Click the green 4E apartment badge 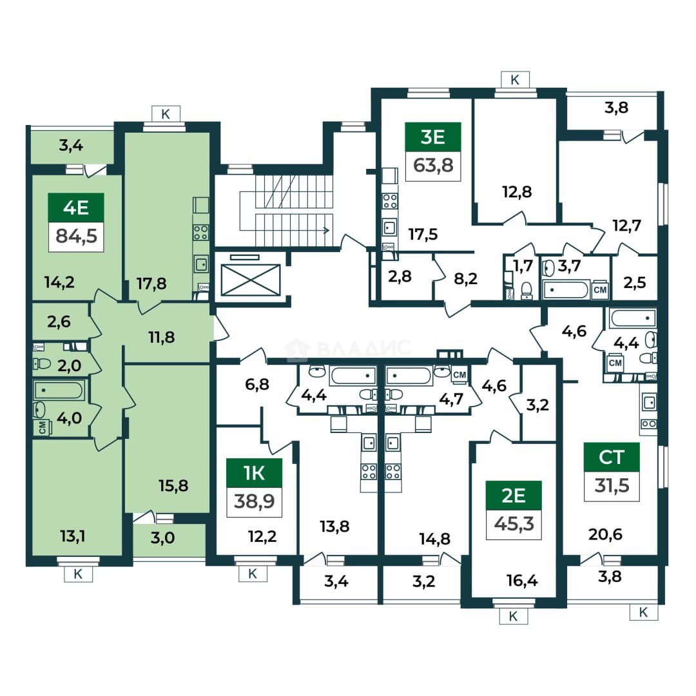pyautogui.click(x=76, y=208)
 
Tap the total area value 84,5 pyautogui.click(x=76, y=236)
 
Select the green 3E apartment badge pyautogui.click(x=433, y=137)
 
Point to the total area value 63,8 pyautogui.click(x=433, y=166)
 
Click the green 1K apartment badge pyautogui.click(x=255, y=473)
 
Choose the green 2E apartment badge pyautogui.click(x=514, y=496)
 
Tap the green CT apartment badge pyautogui.click(x=612, y=457)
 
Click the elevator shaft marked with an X pyautogui.click(x=251, y=280)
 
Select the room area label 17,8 pyautogui.click(x=151, y=283)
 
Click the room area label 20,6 pyautogui.click(x=605, y=534)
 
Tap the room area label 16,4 pyautogui.click(x=522, y=580)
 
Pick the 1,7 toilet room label pyautogui.click(x=523, y=266)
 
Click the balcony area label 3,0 pyautogui.click(x=162, y=538)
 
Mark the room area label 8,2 pyautogui.click(x=466, y=278)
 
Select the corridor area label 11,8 pyautogui.click(x=162, y=337)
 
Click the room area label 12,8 pyautogui.click(x=517, y=192)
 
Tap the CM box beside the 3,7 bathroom pyautogui.click(x=600, y=290)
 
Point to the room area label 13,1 pyautogui.click(x=72, y=536)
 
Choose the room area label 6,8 pyautogui.click(x=257, y=384)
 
